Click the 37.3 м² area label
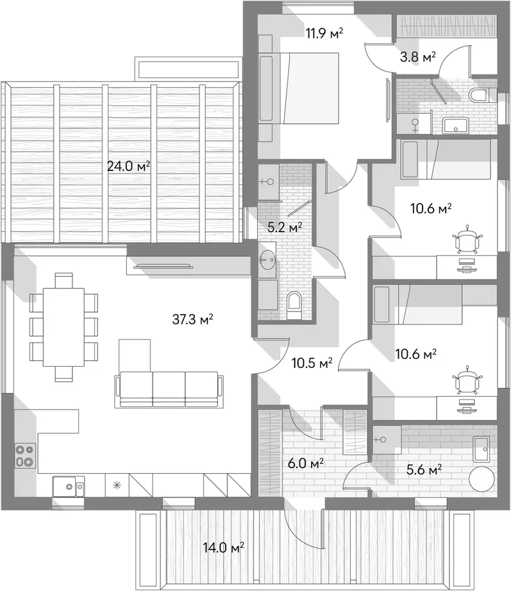pos(192,319)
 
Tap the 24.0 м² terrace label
pos(128,167)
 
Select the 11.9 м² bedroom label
pos(324,34)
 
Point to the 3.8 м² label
pos(417,56)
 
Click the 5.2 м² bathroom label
pos(284,226)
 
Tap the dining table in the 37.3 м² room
pos(63,326)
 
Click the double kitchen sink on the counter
pos(67,487)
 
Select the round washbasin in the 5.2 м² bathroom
pos(267,261)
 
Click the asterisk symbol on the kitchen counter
pos(116,485)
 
